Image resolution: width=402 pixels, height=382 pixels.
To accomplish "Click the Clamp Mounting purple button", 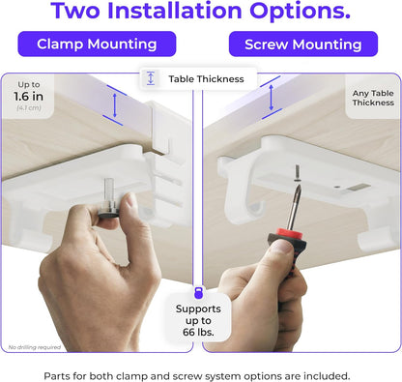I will click(x=97, y=44).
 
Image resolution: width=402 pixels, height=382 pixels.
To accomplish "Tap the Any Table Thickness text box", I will click(x=373, y=97).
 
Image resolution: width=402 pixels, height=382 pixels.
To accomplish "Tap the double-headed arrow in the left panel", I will click(x=116, y=103).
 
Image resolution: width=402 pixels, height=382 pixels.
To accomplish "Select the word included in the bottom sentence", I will click(x=326, y=375).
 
